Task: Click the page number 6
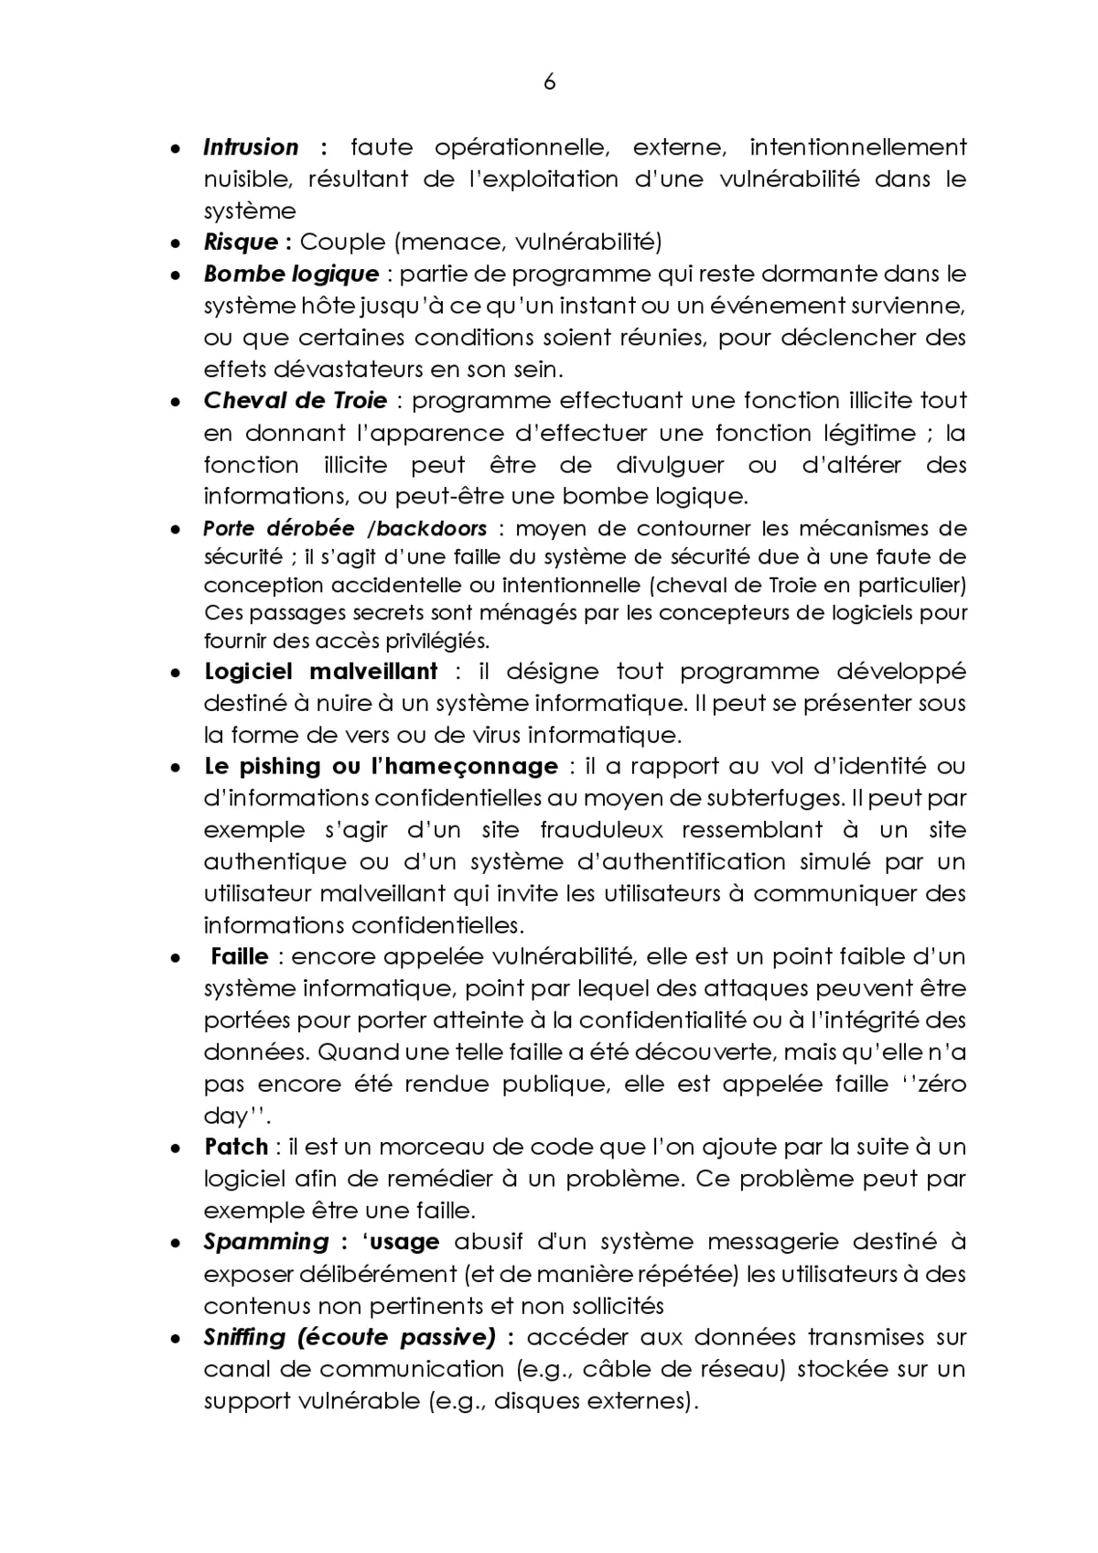tap(549, 82)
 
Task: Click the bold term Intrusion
tap(251, 147)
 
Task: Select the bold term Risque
tap(241, 243)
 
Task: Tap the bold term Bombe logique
tap(291, 275)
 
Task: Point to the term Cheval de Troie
tap(296, 401)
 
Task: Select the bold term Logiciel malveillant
tap(321, 672)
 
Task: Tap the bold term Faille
tap(240, 957)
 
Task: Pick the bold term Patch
tap(236, 1148)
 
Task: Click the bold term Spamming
tap(265, 1243)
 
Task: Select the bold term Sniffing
tap(244, 1338)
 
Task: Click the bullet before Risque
tap(174, 244)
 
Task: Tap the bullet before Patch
tap(174, 1149)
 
